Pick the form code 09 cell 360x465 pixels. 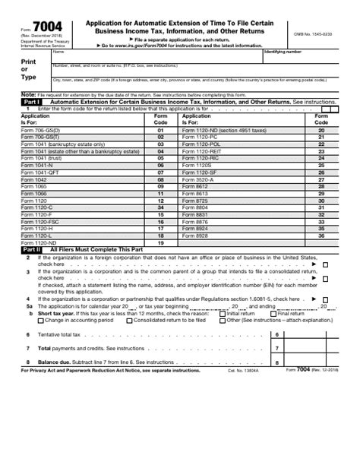tap(160, 185)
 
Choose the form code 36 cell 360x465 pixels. tap(321, 236)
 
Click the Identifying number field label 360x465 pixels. tap(283, 52)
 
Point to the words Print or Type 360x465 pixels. tap(28, 68)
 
